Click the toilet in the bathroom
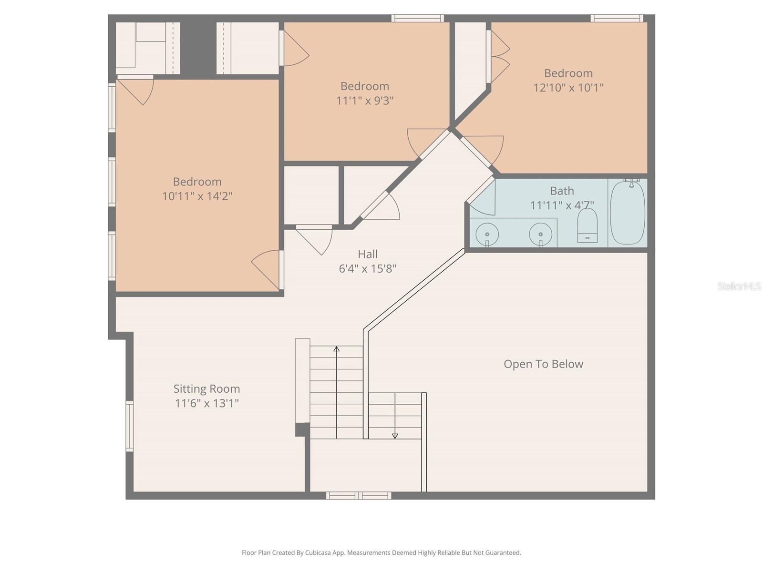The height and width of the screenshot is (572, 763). pos(587,225)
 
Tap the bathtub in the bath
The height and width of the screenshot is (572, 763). pos(628,213)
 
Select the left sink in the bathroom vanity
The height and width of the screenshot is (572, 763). pos(487,234)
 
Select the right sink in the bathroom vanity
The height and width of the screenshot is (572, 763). pos(540,234)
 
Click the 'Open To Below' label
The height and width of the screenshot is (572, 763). pos(543,364)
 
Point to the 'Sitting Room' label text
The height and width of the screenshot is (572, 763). pos(206,389)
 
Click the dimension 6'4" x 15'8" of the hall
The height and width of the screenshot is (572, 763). pos(367,269)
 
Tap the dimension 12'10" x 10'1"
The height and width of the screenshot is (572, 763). pos(568,88)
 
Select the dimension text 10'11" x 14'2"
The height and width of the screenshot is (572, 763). pos(197,196)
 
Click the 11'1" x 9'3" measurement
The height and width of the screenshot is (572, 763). pos(365,101)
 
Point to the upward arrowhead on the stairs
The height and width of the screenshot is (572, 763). pos(336,349)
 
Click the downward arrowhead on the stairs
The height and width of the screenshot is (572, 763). pos(395,436)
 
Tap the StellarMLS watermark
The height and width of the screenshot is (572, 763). pos(739,286)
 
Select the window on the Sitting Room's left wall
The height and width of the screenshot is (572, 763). pos(129,426)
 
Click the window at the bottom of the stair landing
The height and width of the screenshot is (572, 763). pos(359,496)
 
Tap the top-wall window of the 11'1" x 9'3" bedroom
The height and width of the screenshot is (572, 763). pos(418,18)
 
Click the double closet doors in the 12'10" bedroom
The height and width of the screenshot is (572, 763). pos(498,57)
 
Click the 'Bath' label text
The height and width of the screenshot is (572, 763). pos(562,191)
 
